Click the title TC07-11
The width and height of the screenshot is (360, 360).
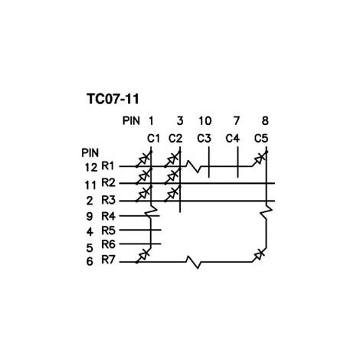pos(113,99)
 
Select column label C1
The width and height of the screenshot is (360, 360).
pos(153,139)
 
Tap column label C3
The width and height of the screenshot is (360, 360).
pos(204,139)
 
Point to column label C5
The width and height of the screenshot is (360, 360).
pos(261,139)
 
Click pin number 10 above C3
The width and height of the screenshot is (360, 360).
pos(205,121)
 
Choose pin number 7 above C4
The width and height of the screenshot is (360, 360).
pos(237,121)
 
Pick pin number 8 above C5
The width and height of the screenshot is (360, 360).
pos(265,121)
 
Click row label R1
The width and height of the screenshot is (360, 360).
pos(108,166)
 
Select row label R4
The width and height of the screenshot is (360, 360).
pos(108,216)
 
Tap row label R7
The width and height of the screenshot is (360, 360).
pos(108,260)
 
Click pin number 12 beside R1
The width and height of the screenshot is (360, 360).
pos(91,168)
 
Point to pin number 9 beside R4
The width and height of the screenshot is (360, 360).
pos(90,217)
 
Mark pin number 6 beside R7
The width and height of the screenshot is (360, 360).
pos(90,261)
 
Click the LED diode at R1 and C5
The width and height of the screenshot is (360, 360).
pos(260,159)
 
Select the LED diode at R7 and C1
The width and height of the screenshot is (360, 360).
pos(144,255)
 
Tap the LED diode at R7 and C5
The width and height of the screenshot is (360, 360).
pos(259,255)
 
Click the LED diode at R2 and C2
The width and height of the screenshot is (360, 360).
pos(173,176)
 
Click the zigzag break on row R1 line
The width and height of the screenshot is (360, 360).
pos(194,166)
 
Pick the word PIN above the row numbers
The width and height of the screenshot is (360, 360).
pos(90,153)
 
